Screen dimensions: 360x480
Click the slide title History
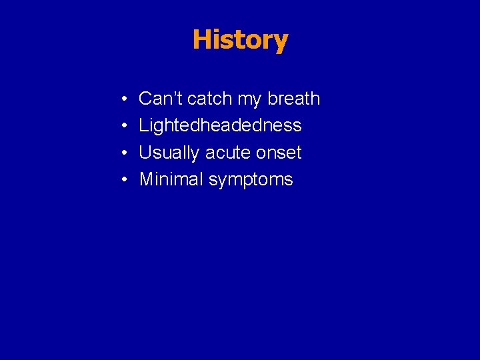(240, 39)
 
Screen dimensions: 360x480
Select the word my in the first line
(249, 100)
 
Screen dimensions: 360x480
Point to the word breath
(293, 99)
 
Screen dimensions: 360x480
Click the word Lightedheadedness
(220, 126)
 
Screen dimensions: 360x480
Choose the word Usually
(169, 153)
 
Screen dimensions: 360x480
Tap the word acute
(228, 153)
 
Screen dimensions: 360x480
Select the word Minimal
(171, 179)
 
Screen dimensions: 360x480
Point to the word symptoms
(251, 181)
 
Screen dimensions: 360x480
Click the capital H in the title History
(201, 39)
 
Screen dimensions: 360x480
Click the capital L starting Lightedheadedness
(143, 125)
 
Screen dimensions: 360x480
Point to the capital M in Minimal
(146, 179)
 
